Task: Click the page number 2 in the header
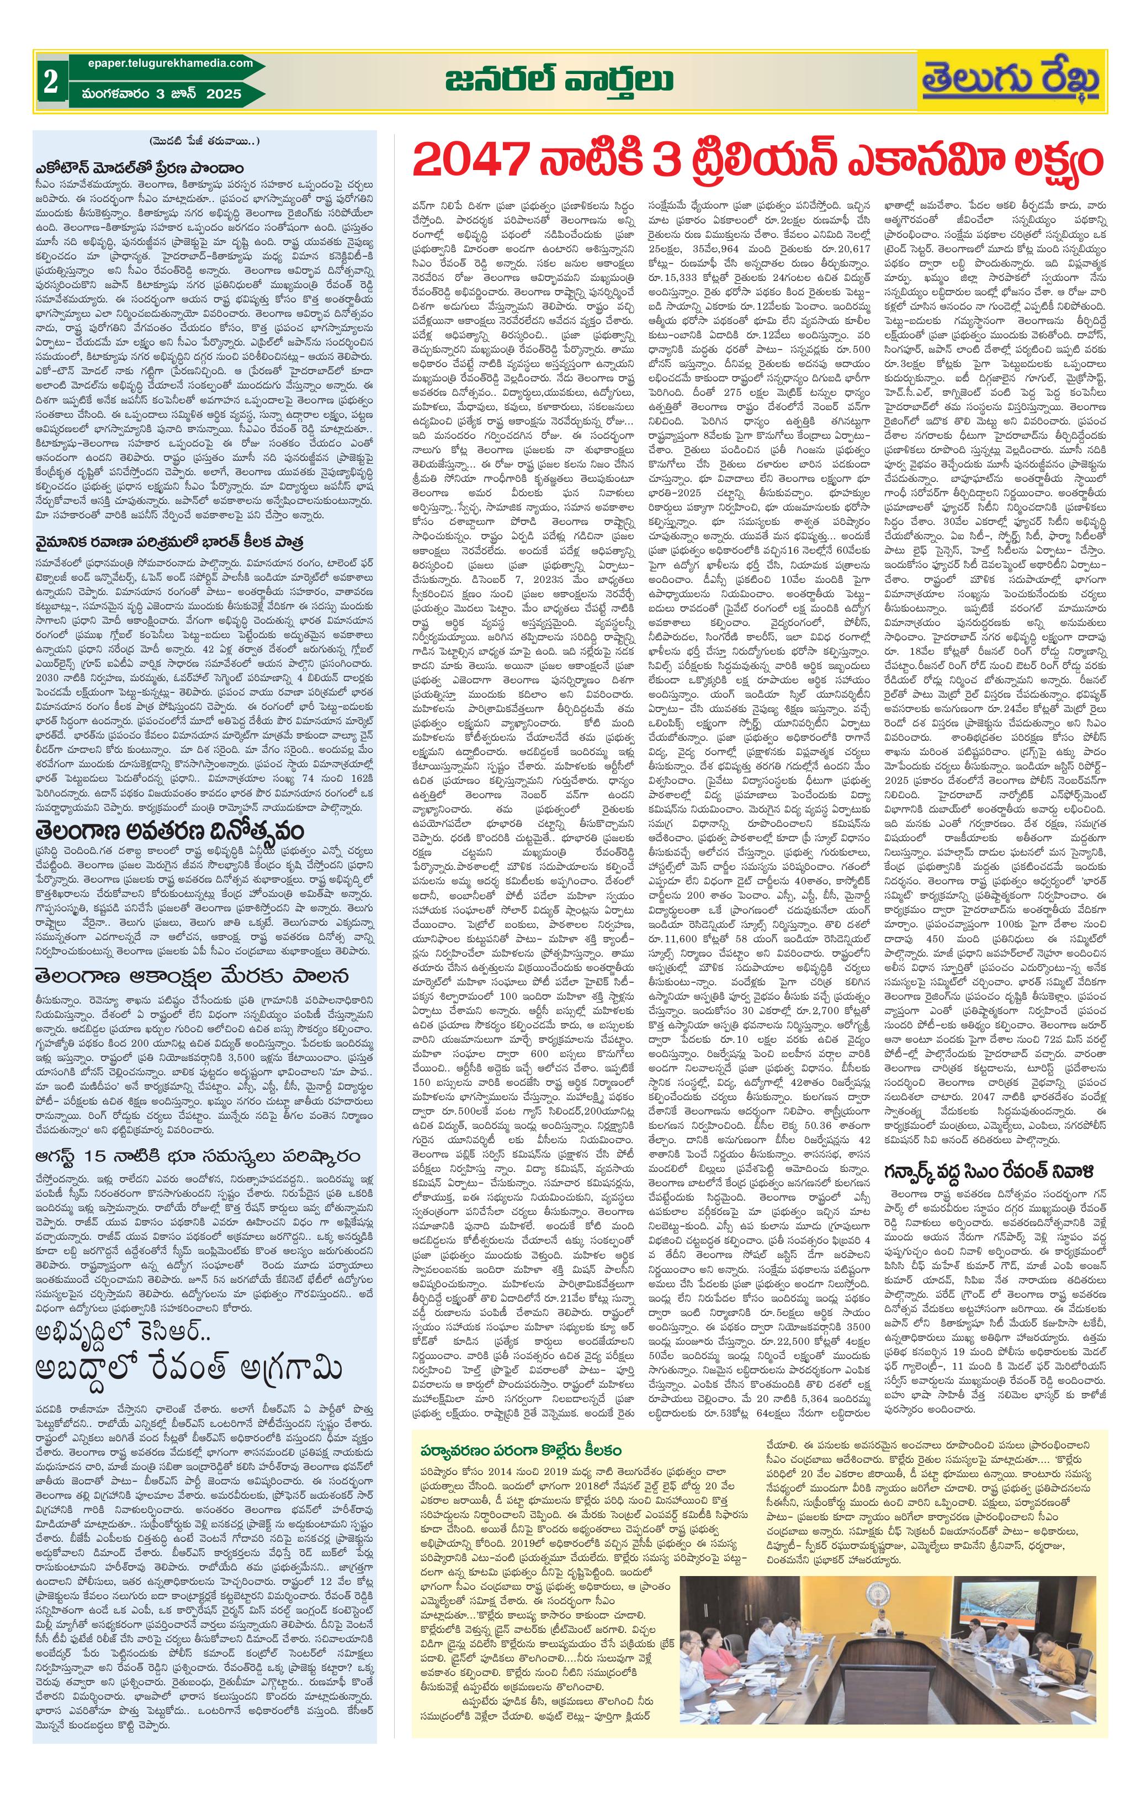51,82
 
